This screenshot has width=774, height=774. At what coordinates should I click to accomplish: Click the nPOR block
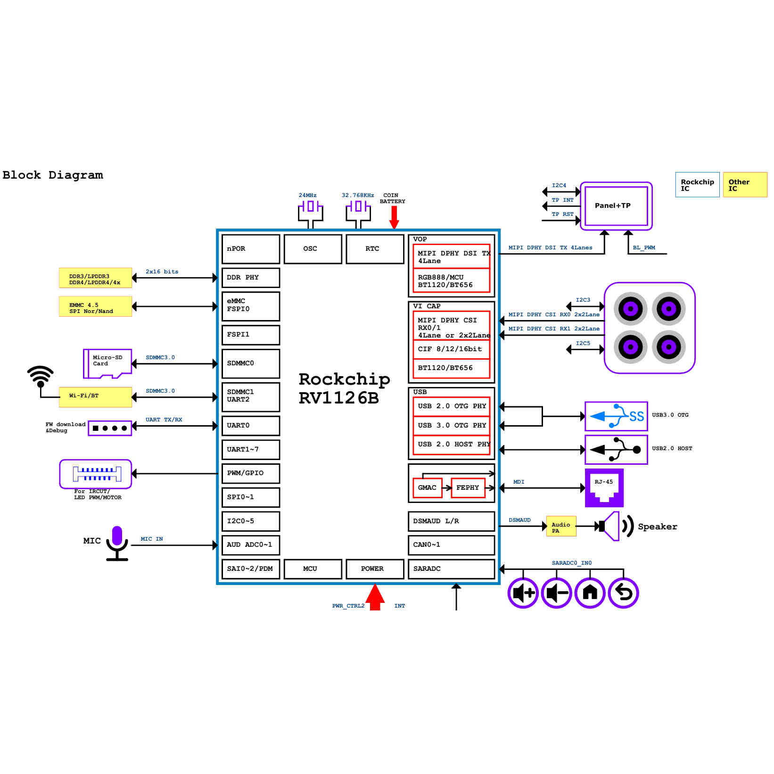[x=250, y=249]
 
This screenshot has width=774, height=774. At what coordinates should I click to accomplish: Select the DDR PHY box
[x=250, y=278]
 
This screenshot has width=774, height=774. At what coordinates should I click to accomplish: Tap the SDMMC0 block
[x=250, y=363]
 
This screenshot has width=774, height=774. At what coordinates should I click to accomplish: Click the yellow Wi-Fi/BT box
[x=95, y=396]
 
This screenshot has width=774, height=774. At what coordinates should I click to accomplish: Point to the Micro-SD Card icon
[x=107, y=363]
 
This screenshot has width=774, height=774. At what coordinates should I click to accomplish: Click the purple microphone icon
[x=117, y=543]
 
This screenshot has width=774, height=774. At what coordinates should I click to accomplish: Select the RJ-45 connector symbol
[x=604, y=488]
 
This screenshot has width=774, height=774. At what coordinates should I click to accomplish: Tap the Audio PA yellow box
[x=561, y=527]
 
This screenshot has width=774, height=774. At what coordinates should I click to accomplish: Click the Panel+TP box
[x=616, y=206]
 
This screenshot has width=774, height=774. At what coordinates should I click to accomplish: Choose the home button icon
[x=590, y=593]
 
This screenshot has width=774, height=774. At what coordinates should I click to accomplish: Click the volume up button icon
[x=523, y=593]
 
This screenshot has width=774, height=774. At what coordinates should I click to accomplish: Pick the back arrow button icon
[x=623, y=593]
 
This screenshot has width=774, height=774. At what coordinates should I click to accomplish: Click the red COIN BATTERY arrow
[x=394, y=217]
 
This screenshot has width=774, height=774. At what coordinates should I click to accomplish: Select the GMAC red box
[x=427, y=488]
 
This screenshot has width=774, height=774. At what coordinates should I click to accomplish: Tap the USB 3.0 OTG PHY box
[x=451, y=426]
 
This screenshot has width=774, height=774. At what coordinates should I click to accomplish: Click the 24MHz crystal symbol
[x=310, y=206]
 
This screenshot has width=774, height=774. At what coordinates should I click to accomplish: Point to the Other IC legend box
[x=745, y=185]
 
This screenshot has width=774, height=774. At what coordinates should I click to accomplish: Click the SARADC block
[x=451, y=569]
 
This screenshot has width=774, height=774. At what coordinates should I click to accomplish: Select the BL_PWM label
[x=644, y=247]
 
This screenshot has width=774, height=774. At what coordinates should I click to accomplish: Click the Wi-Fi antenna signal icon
[x=41, y=376]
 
